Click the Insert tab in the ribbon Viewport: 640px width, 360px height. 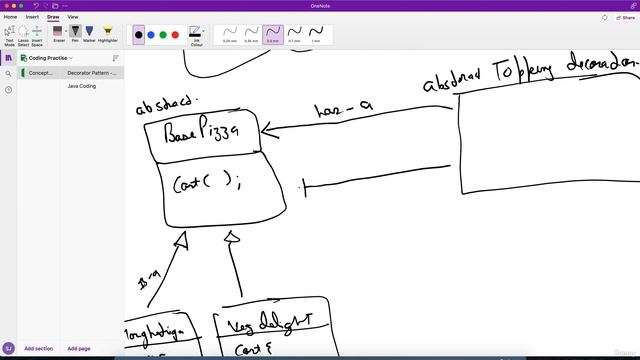(x=33, y=17)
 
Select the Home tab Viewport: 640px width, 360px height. (x=11, y=17)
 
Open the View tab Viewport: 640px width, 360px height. (x=73, y=17)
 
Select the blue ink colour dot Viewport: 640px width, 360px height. (x=151, y=35)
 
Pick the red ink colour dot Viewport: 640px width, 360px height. (x=175, y=35)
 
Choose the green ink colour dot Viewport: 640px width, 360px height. (x=163, y=35)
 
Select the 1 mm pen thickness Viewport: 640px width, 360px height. (x=315, y=34)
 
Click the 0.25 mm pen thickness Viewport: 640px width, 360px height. (x=230, y=34)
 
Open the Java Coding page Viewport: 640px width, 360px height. (x=82, y=87)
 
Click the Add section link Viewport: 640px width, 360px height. (x=38, y=348)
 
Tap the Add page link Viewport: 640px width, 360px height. (x=79, y=348)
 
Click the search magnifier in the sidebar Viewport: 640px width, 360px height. (x=8, y=73)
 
